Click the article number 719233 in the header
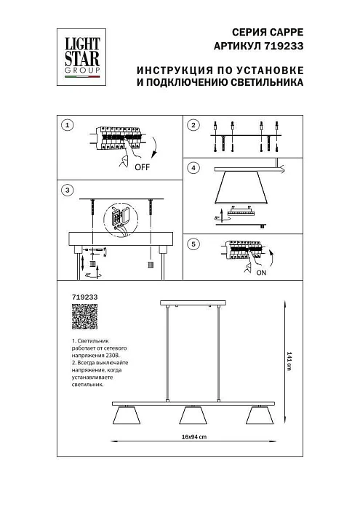[284, 45]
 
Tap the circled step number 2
[193, 126]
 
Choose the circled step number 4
[193, 169]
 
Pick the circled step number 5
[193, 244]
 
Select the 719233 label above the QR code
[86, 297]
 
